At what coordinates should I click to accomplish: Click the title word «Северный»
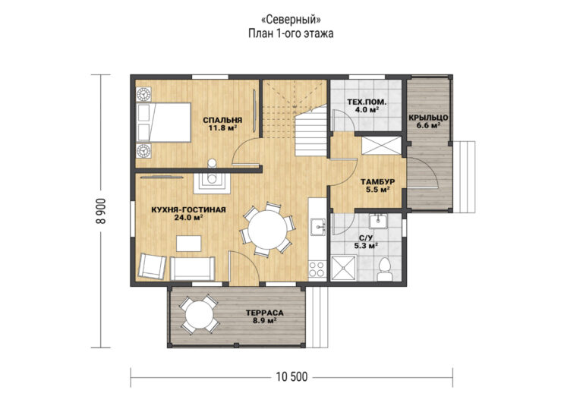pos(291,19)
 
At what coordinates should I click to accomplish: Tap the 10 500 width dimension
pos(291,377)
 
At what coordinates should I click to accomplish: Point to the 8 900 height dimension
pos(101,211)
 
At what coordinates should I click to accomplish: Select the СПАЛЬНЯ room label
pos(222,120)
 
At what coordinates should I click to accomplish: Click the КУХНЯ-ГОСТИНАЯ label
pos(188,210)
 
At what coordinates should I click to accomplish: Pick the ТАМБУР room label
pos(378,182)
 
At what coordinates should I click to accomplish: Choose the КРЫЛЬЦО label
pos(428,118)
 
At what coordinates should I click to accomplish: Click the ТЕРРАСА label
pos(265,313)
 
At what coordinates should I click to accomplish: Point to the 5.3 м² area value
pos(367,245)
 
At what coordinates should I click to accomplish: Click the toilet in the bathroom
pos(384,270)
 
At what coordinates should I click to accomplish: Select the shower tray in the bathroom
pos(344,268)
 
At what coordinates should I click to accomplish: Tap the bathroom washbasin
pos(379,222)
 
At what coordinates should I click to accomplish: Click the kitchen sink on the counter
pos(318,228)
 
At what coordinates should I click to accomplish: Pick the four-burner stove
pos(317,269)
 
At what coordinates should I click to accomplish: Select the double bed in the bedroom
pos(164,123)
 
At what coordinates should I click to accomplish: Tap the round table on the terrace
pos(200,315)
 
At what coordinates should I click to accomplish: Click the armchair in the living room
pos(153,266)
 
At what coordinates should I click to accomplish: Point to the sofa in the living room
pos(192,269)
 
